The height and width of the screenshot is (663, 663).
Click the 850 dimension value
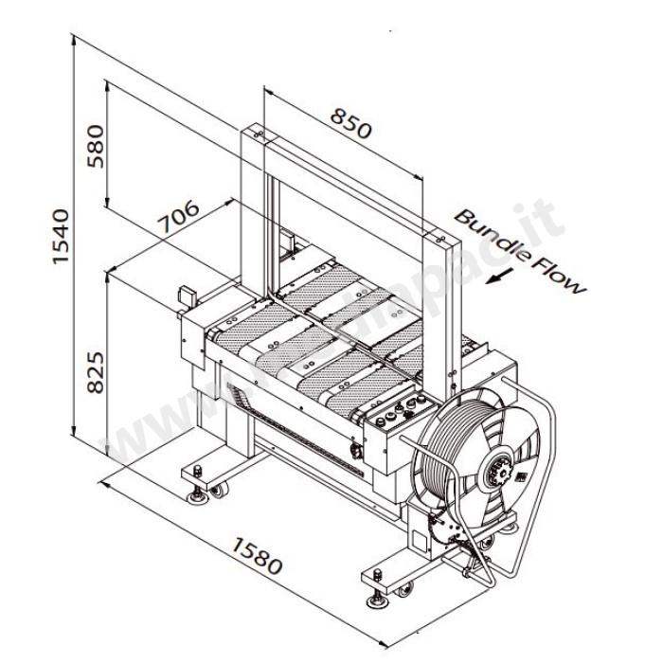point(350,123)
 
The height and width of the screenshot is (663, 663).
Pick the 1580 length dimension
point(257,556)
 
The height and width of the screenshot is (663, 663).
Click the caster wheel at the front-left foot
point(219,491)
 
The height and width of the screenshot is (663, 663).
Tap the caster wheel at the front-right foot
point(405,591)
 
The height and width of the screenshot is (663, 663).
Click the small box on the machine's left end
point(185,296)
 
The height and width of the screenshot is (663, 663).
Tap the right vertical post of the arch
point(439,313)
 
